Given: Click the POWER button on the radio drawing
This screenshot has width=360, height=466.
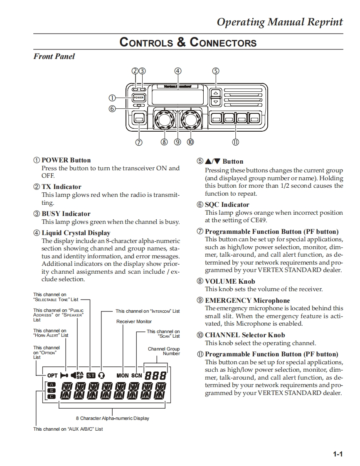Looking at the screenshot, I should point(138,98).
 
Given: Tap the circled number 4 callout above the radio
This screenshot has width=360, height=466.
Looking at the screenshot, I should point(178,71).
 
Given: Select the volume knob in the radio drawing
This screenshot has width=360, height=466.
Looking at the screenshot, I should point(163,120).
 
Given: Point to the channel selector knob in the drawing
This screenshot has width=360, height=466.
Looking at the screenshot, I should point(191,120).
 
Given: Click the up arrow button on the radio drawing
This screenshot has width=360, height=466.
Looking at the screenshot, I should point(215,93).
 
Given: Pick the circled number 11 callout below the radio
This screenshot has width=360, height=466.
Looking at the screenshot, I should point(235,142).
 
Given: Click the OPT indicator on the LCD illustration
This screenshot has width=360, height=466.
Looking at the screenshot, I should point(52,375).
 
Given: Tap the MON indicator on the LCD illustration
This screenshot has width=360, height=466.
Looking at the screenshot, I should point(123,375).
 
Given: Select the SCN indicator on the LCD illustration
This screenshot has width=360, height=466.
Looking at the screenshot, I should point(137,375).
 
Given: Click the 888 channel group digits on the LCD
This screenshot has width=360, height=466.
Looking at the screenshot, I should point(155,375).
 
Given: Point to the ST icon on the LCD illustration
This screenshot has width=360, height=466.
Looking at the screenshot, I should point(91,375).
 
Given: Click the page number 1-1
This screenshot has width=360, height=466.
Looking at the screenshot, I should point(338,454).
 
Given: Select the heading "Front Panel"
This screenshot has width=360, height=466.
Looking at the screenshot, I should point(54,56).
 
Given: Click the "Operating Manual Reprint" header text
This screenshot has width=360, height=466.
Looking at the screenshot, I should point(280,22).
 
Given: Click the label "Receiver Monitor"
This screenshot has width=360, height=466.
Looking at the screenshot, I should point(134,321).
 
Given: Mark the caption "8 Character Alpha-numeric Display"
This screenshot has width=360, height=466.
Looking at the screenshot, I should point(112,418).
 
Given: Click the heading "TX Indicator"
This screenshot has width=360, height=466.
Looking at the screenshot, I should point(62,187).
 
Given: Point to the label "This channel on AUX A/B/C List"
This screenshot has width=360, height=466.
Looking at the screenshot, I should point(68,429).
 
